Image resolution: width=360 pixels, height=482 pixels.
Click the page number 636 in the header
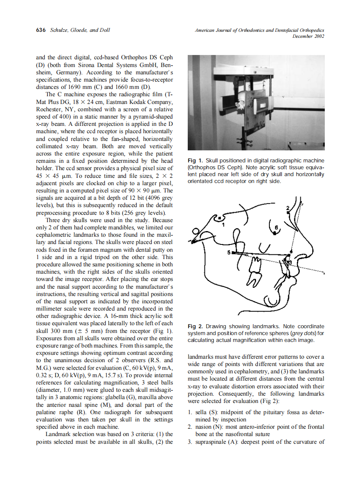pos(41,31)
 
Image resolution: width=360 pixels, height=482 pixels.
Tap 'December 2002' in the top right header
pos(308,37)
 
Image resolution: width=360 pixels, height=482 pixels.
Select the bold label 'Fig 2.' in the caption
pos(196,326)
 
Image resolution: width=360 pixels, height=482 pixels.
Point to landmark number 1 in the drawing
pos(223,223)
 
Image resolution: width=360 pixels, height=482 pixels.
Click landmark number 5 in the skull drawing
pos(229,252)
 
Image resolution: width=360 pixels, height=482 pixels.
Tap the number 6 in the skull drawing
pos(276,226)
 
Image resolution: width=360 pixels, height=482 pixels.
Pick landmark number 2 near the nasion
pos(287,208)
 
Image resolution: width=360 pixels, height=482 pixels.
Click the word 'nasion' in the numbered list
pos(204,427)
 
